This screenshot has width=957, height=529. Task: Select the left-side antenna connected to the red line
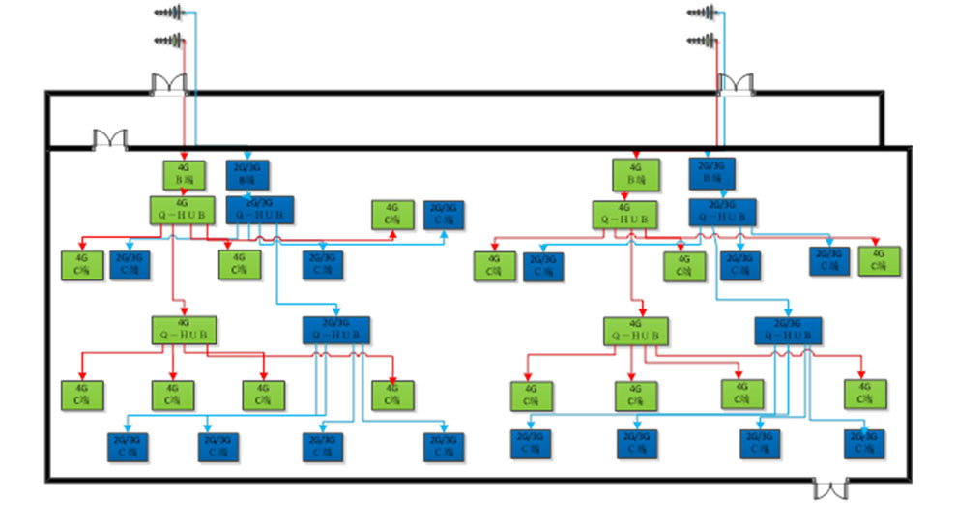tap(169, 42)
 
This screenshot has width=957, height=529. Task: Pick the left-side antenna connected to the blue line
tap(169, 13)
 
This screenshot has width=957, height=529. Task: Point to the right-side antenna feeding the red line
tap(705, 42)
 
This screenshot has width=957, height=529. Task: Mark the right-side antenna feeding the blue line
tap(705, 13)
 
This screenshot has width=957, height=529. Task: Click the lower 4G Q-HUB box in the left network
tap(183, 330)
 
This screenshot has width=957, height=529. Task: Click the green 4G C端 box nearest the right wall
tap(879, 261)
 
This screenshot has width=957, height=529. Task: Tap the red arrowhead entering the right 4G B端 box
tap(635, 156)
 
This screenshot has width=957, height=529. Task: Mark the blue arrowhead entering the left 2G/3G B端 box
tap(247, 155)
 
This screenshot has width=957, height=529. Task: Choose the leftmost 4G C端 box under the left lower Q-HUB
tap(83, 395)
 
